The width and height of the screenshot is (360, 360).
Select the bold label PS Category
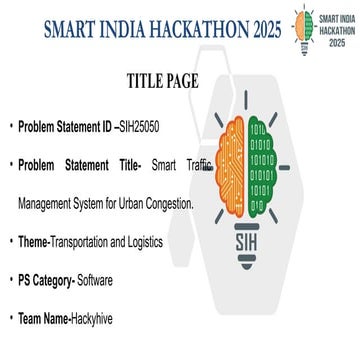48,280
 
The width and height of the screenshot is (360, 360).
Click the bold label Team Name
43,319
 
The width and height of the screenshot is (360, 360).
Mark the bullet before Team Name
10,319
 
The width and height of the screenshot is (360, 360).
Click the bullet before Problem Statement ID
10,128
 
